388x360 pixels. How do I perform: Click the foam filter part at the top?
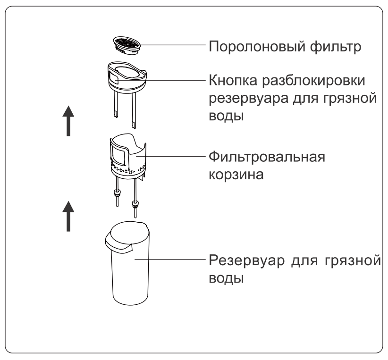tap(127, 45)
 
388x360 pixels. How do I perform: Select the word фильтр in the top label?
tap(336, 47)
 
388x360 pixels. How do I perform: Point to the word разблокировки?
tap(313, 81)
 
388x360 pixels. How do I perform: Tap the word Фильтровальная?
tap(267, 157)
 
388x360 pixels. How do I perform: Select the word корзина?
tap(236, 175)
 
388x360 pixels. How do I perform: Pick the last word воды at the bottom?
tap(226, 278)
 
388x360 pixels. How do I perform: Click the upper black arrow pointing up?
tap(68, 121)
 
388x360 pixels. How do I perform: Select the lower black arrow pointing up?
tap(68, 216)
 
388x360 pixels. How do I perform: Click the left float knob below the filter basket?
tap(117, 193)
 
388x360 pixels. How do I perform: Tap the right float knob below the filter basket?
tap(135, 204)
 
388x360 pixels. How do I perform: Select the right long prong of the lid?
tap(134, 109)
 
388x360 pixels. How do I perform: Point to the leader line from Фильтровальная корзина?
tap(171, 156)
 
